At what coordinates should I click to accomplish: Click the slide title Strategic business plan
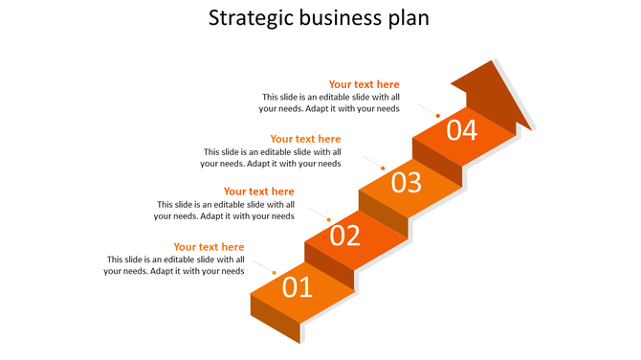320,18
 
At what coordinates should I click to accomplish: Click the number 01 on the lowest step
298,286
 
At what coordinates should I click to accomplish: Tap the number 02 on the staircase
345,235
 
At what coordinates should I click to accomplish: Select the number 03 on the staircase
406,182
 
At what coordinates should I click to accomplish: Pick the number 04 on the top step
461,129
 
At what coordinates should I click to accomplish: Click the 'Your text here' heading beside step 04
364,84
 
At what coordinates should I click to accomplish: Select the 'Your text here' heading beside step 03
305,139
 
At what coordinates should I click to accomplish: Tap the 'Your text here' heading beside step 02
258,191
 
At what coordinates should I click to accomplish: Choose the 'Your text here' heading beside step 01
209,247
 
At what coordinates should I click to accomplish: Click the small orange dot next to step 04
438,115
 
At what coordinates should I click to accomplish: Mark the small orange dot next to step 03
383,169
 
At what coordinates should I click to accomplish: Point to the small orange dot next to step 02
328,221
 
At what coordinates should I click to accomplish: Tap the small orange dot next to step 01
275,274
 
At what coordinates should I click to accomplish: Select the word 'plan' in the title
409,18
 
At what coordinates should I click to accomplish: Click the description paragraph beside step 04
330,102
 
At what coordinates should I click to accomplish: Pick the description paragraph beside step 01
174,265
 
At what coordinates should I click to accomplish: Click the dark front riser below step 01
274,318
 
